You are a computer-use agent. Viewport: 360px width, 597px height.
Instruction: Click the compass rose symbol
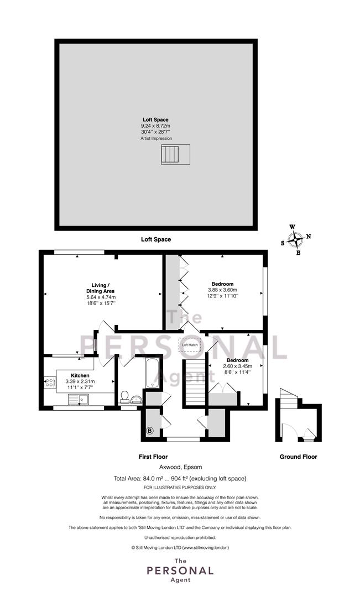(295, 240)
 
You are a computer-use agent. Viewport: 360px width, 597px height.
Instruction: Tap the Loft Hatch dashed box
(190, 345)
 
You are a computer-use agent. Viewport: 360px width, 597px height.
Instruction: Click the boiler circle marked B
(150, 431)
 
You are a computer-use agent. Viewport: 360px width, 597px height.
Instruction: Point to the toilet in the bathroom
(124, 397)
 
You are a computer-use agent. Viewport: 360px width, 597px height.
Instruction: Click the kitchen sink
(79, 399)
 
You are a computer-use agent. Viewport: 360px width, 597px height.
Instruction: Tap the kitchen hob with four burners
(50, 383)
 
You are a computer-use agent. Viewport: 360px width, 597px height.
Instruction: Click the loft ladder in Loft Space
(176, 154)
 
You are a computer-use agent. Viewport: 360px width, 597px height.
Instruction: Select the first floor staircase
(195, 383)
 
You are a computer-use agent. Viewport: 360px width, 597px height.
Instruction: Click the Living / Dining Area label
(101, 288)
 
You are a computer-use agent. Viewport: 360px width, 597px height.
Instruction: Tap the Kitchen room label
(80, 375)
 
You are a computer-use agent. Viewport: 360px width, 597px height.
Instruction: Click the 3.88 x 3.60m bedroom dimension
(222, 290)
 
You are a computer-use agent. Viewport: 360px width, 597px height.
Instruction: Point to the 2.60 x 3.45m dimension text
(237, 366)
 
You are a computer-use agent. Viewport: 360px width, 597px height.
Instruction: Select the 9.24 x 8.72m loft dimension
(155, 125)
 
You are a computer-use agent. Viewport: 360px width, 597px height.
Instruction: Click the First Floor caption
(153, 457)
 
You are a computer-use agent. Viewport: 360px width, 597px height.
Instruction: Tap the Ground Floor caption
(298, 457)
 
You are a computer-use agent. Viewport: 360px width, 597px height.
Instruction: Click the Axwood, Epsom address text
(181, 467)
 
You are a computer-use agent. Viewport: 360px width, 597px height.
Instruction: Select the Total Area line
(180, 479)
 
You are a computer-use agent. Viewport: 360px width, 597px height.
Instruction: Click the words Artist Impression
(156, 139)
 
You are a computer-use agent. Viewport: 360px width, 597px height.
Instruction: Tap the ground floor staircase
(288, 397)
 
